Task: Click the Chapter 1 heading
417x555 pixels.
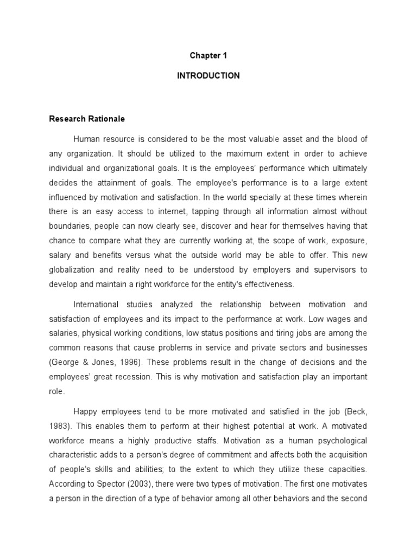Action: tap(208, 56)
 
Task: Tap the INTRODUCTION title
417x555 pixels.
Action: tap(208, 76)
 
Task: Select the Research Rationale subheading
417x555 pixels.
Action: tap(87, 119)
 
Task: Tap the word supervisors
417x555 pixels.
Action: tap(337, 270)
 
